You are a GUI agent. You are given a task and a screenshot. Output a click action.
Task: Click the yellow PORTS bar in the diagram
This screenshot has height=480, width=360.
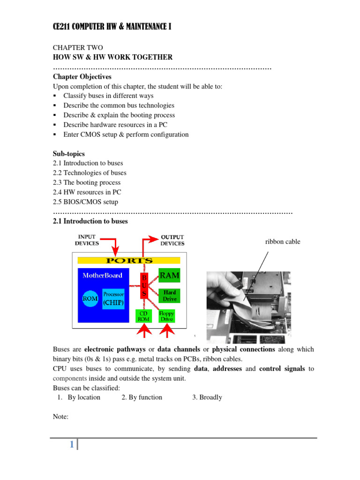(x=129, y=260)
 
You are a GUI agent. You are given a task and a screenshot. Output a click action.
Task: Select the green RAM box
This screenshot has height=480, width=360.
(x=169, y=276)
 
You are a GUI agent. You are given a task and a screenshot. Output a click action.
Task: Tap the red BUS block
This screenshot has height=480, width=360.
(x=144, y=285)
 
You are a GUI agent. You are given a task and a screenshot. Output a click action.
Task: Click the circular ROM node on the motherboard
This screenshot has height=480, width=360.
(x=90, y=298)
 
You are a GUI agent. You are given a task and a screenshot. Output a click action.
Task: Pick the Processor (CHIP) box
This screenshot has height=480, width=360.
(x=113, y=299)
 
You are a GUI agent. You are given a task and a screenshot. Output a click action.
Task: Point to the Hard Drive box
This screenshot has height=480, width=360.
(x=169, y=295)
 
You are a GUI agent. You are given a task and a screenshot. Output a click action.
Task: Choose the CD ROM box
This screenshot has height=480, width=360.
(x=143, y=315)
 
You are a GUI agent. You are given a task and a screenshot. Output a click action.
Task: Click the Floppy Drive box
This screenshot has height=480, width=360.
(x=167, y=315)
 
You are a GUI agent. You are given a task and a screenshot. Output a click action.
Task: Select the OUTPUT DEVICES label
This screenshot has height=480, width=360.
(x=172, y=240)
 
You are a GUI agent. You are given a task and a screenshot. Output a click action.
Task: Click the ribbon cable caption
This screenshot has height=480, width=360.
(x=283, y=242)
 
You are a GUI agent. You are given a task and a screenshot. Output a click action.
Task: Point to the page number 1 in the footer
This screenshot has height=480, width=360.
(x=72, y=445)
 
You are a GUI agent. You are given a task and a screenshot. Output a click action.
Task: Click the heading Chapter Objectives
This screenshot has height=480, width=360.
(x=82, y=76)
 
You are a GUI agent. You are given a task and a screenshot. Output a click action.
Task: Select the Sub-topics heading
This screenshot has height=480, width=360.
(x=69, y=153)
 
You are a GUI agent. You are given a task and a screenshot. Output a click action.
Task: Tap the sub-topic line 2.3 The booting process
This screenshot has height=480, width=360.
(x=87, y=182)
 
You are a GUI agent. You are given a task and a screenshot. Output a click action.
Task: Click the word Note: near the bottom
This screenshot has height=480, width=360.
(x=61, y=416)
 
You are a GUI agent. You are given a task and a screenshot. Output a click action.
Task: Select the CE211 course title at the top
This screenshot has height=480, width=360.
(x=112, y=27)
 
